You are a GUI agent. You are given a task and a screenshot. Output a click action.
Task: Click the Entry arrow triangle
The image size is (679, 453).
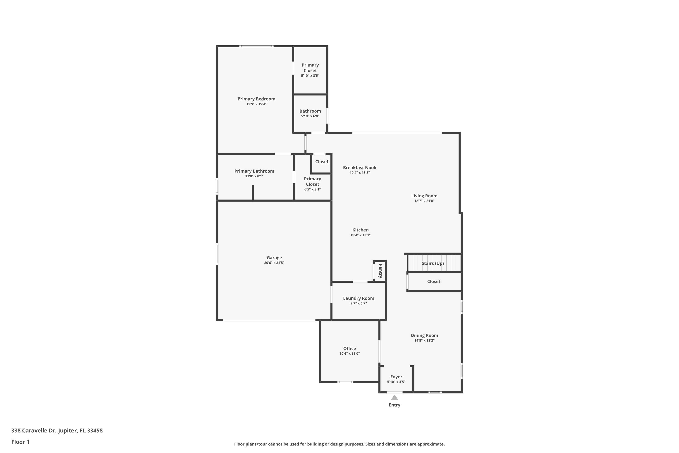394,398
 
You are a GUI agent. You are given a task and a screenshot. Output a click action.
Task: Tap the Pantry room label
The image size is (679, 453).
380,271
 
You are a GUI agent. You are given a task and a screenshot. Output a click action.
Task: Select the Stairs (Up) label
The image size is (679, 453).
433,263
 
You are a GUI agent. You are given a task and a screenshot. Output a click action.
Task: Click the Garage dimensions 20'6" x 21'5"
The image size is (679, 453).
274,263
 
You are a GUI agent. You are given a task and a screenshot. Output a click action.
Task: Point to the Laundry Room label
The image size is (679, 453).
358,298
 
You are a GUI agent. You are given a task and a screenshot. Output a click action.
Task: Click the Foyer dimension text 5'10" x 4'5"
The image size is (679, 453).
396,382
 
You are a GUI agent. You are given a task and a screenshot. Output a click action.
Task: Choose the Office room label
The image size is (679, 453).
349,348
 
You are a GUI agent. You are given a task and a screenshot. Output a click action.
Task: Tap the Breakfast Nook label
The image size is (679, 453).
359,168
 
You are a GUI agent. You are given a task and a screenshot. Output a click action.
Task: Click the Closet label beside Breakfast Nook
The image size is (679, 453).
322,161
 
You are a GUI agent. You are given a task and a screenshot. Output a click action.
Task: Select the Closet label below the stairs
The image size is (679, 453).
433,281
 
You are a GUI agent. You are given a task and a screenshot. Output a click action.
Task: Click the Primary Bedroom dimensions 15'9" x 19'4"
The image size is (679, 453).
256,104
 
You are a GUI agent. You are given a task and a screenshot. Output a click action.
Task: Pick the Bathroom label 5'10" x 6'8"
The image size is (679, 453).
310,111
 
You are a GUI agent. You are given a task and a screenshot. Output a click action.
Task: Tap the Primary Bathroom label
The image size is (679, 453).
254,171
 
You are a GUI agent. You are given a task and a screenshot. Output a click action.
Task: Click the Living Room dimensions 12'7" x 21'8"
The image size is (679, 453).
424,201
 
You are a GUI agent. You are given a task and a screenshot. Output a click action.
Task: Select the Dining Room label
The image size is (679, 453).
424,335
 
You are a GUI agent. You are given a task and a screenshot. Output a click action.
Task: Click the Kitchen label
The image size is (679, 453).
360,230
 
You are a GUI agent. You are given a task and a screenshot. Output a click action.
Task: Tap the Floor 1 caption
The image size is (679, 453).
20,442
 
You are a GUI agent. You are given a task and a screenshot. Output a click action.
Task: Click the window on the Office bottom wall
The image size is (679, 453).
345,382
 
